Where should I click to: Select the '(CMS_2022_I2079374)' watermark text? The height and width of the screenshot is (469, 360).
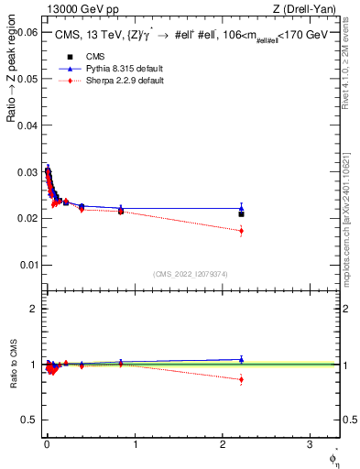click(191, 273)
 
